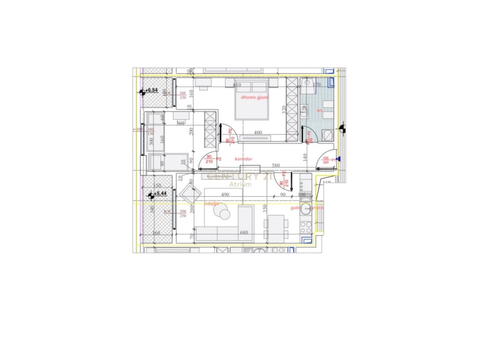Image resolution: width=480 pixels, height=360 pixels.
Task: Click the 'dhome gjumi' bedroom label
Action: pos(255,97)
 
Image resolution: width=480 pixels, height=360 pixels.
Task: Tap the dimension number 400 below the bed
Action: pos(257,133)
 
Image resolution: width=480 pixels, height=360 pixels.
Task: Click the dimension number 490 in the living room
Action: pos(225,195)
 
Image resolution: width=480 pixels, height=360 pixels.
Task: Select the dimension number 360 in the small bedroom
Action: pos(180,123)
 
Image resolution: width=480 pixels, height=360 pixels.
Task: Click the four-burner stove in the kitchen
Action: pos(306,228)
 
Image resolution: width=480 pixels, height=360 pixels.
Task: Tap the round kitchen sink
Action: pos(306,210)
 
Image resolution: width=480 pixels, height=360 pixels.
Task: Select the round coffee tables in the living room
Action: pos(222,212)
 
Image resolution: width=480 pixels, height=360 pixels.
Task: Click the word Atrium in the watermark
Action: pos(240,184)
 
